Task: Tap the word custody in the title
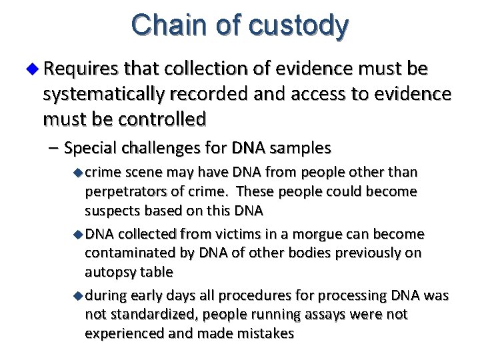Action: click(x=298, y=26)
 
